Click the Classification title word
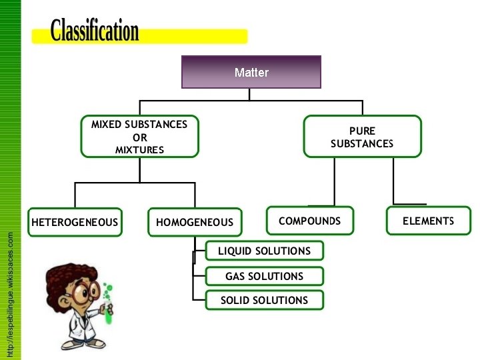(95, 31)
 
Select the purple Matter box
(251, 72)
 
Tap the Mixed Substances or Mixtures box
(139, 137)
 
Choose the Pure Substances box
(362, 137)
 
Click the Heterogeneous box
(75, 222)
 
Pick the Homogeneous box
(195, 222)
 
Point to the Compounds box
(309, 221)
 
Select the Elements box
(428, 221)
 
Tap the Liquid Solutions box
(264, 251)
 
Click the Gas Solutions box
(264, 276)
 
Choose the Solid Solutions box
(264, 300)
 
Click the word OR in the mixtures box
(139, 137)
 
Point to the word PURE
(362, 131)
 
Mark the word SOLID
(235, 300)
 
